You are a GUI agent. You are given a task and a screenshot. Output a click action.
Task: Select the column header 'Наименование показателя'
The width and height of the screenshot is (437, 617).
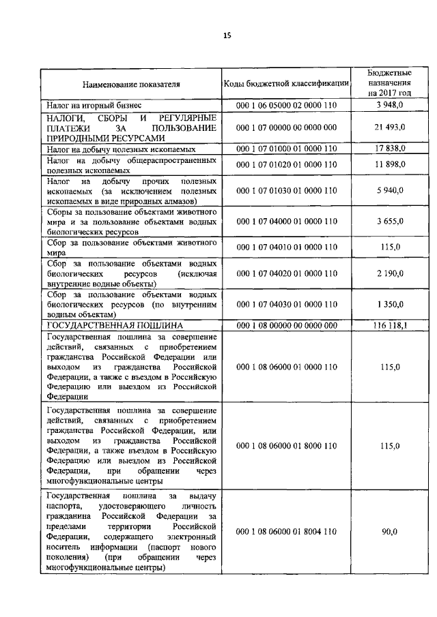click(131, 85)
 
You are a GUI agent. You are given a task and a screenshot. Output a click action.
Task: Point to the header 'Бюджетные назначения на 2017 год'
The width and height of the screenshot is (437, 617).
click(389, 83)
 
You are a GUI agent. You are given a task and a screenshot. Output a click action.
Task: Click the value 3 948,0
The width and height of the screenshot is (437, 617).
click(389, 106)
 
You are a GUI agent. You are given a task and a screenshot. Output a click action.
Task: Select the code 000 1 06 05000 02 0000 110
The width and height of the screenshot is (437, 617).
click(286, 106)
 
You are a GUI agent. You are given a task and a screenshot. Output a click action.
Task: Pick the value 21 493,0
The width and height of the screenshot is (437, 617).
click(389, 127)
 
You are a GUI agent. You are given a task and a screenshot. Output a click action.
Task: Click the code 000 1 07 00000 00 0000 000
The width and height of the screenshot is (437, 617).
click(286, 127)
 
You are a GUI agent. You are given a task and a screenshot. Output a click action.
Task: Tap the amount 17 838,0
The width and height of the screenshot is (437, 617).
click(389, 148)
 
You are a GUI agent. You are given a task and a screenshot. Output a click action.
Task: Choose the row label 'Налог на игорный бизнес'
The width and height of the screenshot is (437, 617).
click(94, 106)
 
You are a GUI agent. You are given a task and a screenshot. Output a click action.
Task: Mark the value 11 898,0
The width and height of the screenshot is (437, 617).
click(389, 165)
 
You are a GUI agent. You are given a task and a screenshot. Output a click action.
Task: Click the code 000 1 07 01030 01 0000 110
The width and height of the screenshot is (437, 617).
click(286, 192)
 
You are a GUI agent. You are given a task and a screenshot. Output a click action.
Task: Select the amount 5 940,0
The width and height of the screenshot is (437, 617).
click(389, 192)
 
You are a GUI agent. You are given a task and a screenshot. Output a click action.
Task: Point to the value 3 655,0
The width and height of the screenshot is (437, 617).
click(389, 222)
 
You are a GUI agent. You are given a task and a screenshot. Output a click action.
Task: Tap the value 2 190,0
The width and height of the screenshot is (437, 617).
click(389, 273)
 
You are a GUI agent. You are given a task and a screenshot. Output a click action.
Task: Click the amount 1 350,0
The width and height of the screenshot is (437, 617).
click(389, 305)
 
